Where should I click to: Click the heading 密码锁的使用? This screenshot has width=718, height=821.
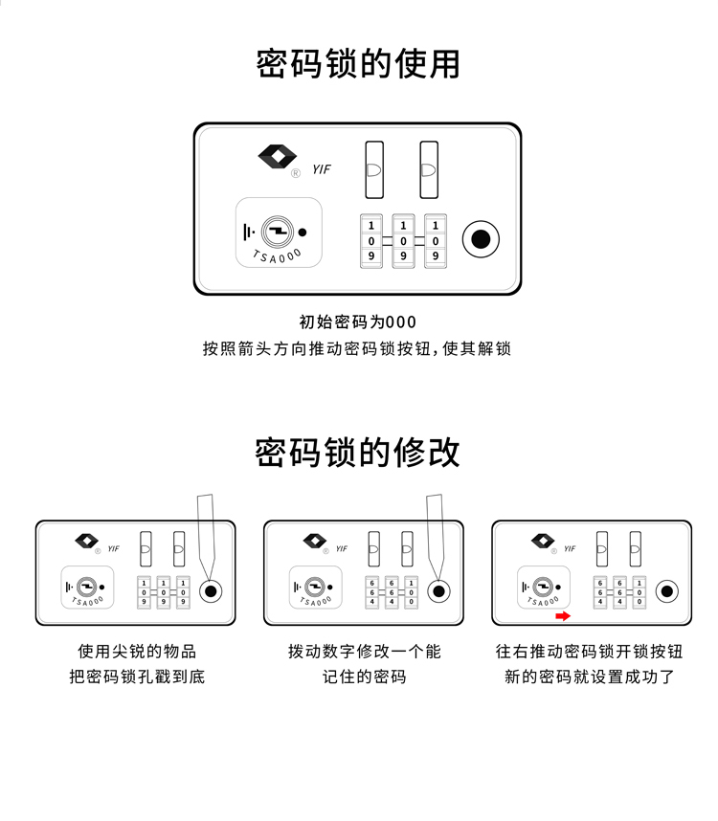[x=358, y=64]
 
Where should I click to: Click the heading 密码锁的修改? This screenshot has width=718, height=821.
[x=358, y=452]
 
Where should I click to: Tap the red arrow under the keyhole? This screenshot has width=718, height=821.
[x=563, y=615]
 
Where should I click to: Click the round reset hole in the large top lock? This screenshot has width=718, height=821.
[x=482, y=238]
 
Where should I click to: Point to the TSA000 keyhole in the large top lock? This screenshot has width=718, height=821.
[x=278, y=233]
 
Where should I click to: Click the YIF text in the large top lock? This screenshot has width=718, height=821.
[x=322, y=169]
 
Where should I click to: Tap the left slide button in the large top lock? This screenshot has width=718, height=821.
[x=373, y=170]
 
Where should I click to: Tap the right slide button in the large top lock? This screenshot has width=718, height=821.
[x=429, y=170]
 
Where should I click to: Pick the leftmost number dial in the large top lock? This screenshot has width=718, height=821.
[x=371, y=240]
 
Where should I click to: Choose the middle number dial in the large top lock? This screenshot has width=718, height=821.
[x=403, y=240]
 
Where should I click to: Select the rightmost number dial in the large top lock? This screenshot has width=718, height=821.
[x=435, y=240]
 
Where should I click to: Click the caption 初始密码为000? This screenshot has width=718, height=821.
[x=358, y=322]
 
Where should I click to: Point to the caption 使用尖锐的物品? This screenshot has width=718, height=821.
[x=137, y=652]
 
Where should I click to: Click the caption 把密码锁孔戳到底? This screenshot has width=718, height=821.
[x=137, y=677]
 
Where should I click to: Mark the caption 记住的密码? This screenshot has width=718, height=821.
[x=364, y=677]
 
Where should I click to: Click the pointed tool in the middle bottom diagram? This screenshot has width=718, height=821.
[x=434, y=531]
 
